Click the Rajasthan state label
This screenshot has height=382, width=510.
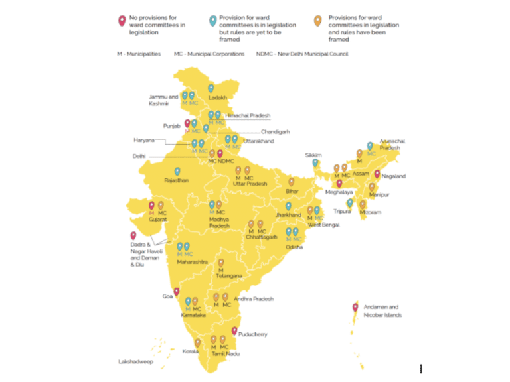177,180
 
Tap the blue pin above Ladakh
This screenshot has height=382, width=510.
211,88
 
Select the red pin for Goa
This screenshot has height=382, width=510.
176,291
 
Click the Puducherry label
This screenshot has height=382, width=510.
252,335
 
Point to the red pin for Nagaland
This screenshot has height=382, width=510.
377,174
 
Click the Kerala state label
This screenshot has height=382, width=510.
191,351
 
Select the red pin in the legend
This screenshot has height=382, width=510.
122,20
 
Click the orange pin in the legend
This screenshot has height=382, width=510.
319,20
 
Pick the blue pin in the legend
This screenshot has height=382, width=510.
212,20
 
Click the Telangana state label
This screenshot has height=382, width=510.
229,275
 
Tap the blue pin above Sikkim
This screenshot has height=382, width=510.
315,162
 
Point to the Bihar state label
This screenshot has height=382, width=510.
292,191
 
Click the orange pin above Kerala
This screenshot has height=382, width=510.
197,342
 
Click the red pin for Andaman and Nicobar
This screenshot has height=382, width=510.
355,306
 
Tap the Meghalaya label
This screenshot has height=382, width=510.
340,192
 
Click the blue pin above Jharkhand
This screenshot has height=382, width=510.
288,206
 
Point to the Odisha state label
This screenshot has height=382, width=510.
294,247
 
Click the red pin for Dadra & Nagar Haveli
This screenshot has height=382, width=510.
133,235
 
